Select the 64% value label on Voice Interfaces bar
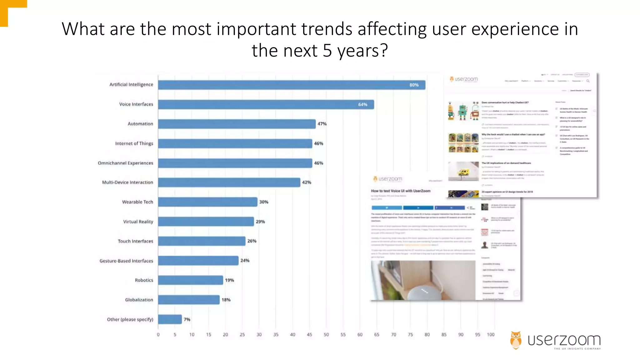362,104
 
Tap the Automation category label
140,124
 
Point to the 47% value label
322,124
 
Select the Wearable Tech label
137,202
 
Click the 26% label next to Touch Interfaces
252,241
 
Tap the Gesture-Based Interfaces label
126,261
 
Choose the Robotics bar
190,280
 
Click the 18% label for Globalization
226,300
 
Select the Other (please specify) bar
170,319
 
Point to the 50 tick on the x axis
326,334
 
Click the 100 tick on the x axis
491,334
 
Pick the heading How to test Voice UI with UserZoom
401,191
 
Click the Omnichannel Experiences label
125,163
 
